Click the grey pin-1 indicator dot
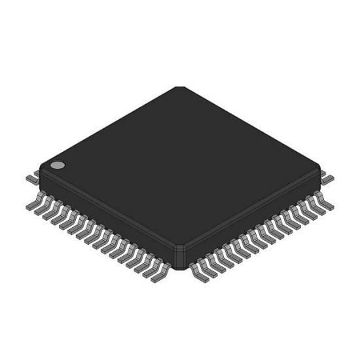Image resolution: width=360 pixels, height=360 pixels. tap(58, 166)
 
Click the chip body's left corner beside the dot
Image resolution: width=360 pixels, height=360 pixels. tap(41, 169)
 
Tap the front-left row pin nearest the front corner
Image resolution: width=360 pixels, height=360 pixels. tap(160, 274)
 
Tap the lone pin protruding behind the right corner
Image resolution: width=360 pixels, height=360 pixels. tap(329, 177)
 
